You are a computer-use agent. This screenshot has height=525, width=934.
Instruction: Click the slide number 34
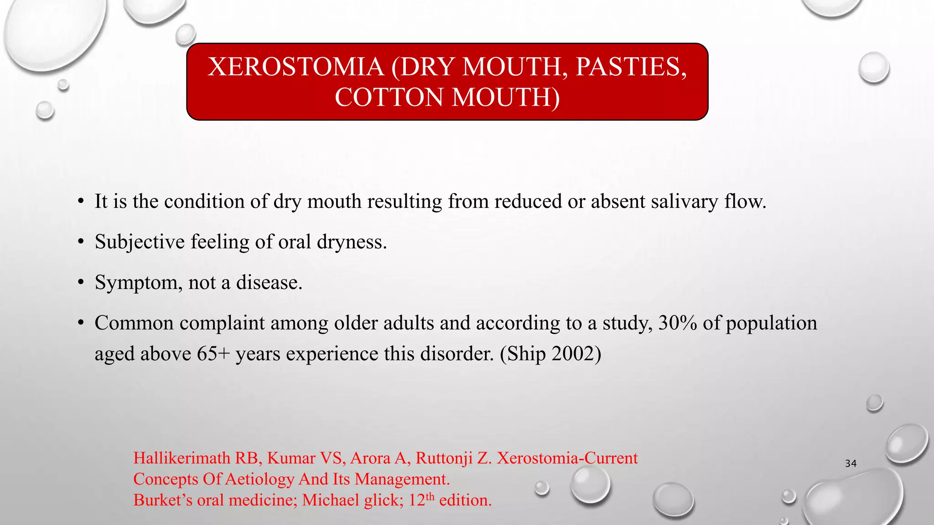tap(851, 463)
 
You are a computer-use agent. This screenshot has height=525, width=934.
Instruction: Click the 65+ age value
tap(213, 354)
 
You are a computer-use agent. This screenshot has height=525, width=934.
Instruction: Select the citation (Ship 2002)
tap(550, 354)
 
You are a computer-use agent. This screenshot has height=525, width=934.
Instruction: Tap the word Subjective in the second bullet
tap(140, 242)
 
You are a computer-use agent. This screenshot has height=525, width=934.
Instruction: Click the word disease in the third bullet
tap(269, 283)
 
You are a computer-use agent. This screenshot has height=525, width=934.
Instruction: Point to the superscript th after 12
tap(430, 496)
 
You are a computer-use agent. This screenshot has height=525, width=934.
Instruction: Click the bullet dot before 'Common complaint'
tap(81, 323)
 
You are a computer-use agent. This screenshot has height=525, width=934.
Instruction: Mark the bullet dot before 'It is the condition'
tap(81, 201)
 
